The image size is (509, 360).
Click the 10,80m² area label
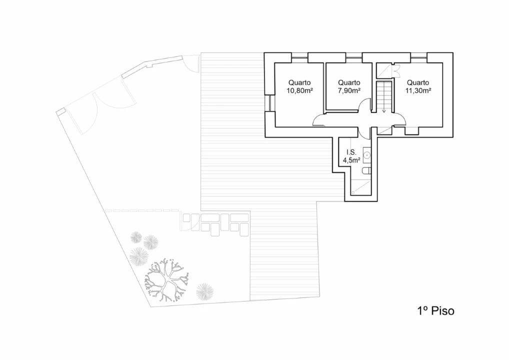[299, 91]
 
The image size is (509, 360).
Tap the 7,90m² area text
[349, 91]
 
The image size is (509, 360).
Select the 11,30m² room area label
[418, 91]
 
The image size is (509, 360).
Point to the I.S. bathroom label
[351, 152]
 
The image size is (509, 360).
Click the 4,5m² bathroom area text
[351, 160]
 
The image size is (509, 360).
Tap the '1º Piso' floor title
[435, 311]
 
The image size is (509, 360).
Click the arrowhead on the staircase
[384, 111]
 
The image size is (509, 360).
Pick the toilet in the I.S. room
[366, 170]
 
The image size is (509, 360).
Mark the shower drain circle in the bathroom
[353, 192]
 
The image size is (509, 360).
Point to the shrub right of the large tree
[205, 291]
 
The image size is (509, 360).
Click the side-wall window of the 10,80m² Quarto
[270, 103]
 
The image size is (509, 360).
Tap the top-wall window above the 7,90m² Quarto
[353, 57]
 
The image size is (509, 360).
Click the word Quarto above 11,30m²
[418, 83]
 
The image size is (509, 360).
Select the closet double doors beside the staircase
[395, 71]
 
